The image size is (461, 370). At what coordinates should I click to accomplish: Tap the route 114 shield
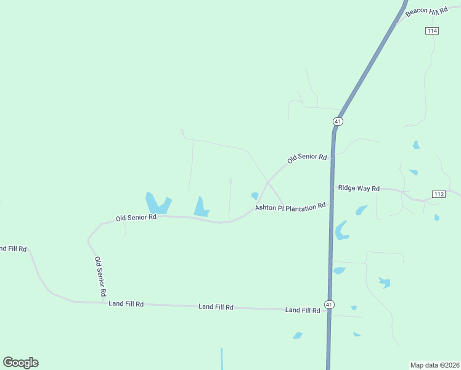click(x=431, y=31)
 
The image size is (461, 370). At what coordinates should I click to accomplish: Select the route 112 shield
click(x=439, y=194)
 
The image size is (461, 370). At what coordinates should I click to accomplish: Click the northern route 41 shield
click(x=337, y=121)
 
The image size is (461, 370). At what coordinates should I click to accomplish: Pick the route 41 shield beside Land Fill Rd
click(x=330, y=305)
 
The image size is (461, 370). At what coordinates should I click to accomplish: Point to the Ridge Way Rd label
click(x=359, y=188)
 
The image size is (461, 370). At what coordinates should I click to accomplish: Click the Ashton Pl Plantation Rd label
click(x=290, y=208)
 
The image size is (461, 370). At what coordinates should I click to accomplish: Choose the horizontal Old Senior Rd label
click(x=136, y=218)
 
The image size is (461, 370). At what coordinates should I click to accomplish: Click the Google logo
click(x=21, y=363)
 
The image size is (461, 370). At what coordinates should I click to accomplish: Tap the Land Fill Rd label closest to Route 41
click(x=303, y=310)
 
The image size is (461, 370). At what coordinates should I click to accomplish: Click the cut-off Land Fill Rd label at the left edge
click(x=12, y=249)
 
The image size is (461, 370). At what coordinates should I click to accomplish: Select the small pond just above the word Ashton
click(x=255, y=196)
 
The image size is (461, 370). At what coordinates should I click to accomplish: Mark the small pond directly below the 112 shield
click(x=436, y=217)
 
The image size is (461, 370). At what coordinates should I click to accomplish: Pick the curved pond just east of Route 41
click(x=340, y=231)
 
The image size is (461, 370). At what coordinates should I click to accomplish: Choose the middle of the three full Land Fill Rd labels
click(x=216, y=306)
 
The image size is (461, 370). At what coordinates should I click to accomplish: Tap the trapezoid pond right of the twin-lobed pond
click(x=201, y=207)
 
